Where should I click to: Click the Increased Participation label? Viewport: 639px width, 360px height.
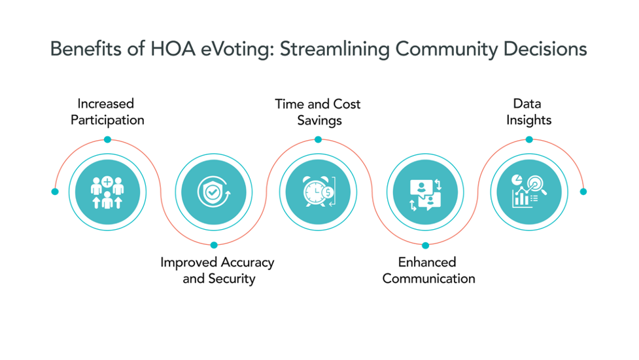tap(107, 111)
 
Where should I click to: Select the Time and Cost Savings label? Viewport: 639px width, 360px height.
tap(318, 112)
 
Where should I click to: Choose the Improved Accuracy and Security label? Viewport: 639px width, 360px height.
tap(217, 270)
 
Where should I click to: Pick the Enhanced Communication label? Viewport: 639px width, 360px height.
tap(428, 270)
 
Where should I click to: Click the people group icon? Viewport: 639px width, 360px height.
tap(107, 192)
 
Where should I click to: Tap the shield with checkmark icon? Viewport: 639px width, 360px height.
tap(213, 192)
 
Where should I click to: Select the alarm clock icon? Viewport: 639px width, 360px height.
tap(319, 192)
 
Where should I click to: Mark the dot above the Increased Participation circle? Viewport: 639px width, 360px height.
tap(107, 139)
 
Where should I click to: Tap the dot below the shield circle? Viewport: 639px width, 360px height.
tap(214, 245)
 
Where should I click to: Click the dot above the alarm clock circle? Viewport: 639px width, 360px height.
tap(318, 139)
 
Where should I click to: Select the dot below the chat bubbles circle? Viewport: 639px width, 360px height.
tap(425, 245)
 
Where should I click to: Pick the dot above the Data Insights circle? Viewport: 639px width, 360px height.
tap(529, 139)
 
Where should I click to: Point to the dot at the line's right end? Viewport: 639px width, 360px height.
tap(583, 192)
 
